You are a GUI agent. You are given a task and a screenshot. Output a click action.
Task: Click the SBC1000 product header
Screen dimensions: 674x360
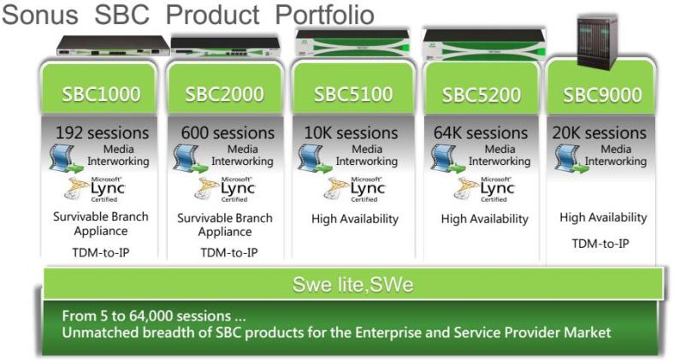coord(101,95)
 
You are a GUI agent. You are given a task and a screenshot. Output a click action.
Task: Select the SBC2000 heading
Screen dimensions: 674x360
coord(224,95)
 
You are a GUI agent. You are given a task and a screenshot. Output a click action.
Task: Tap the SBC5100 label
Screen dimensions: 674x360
coord(353,95)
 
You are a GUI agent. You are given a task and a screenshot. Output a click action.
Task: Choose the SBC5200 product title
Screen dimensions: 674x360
coord(481,95)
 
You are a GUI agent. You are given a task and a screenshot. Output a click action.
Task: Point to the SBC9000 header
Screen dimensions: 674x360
coord(602,95)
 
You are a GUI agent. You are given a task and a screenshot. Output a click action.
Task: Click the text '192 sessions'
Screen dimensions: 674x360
coord(103,133)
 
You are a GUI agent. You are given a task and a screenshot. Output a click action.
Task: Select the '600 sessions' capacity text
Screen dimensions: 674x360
coord(228,133)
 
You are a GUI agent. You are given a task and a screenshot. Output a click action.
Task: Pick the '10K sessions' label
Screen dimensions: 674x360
coord(352,133)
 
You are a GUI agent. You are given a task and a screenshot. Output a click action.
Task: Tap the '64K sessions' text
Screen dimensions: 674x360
coord(481,133)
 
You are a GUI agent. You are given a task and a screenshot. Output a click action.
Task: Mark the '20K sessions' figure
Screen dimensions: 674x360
coord(600,133)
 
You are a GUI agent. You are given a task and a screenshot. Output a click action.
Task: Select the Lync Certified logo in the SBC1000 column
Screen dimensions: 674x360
coord(95,189)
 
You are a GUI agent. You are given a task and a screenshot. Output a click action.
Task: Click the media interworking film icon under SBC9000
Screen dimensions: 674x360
coord(571,159)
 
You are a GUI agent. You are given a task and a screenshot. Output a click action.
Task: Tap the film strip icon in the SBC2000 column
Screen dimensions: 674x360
coord(191,159)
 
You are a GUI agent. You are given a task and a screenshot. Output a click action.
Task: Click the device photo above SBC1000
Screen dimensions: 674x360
coord(114,45)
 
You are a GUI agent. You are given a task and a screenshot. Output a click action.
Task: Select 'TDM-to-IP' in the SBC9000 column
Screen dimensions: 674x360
coord(600,244)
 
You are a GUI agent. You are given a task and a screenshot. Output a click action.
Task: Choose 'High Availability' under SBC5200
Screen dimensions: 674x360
coord(484,219)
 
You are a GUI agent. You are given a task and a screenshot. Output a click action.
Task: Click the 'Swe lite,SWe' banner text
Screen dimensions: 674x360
coord(353,285)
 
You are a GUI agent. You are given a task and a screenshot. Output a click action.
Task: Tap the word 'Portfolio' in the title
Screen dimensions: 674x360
coord(324,15)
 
